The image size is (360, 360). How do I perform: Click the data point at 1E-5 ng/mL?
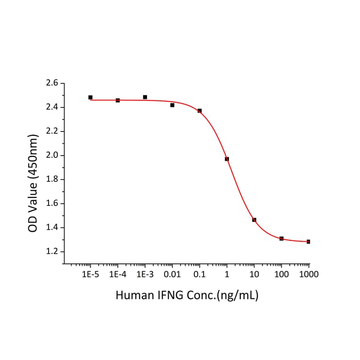click(90, 98)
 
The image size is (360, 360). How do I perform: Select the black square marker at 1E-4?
click(118, 100)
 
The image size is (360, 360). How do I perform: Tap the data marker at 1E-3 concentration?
click(145, 97)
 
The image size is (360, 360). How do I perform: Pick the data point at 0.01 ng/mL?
click(172, 105)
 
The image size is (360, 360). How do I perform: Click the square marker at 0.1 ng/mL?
click(200, 111)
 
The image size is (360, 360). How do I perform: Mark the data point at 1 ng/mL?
click(227, 159)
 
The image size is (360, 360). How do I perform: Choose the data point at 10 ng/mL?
click(254, 220)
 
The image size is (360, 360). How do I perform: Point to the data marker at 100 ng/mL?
click(281, 238)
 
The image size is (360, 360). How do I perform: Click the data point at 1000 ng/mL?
click(308, 242)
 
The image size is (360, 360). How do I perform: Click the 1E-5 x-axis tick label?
click(90, 274)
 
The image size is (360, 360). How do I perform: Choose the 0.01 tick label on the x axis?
click(172, 274)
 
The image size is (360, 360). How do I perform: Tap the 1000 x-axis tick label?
click(308, 274)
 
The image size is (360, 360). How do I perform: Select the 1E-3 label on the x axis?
click(145, 274)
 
